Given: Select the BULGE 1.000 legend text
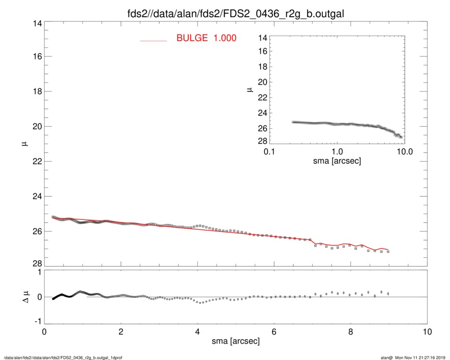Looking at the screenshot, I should click(x=206, y=38).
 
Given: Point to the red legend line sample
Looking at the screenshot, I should click(x=154, y=41).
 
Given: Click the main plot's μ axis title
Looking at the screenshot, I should click(x=23, y=144).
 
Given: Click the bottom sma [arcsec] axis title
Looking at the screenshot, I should click(x=236, y=341).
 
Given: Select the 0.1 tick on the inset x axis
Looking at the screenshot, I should click(x=269, y=152).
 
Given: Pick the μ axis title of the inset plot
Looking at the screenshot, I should click(x=250, y=89).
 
